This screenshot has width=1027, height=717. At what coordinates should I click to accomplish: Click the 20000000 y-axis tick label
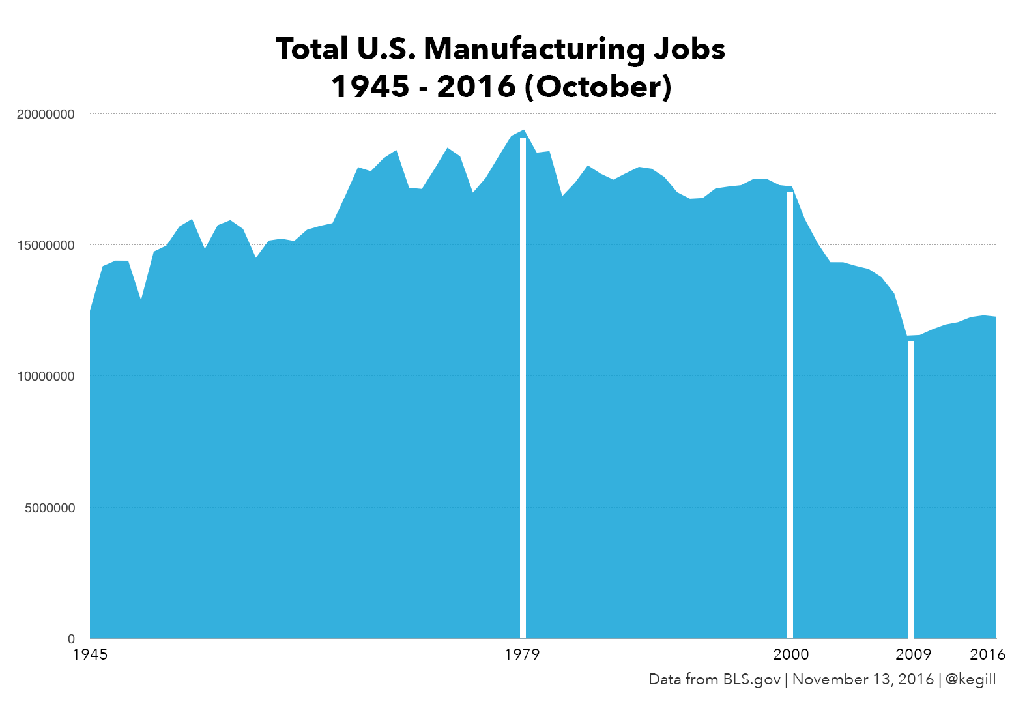point(46,114)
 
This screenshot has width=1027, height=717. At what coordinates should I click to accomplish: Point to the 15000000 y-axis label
point(46,246)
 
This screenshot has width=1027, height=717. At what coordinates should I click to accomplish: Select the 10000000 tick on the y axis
point(46,377)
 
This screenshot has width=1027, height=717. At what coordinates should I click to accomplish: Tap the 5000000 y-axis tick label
point(50,508)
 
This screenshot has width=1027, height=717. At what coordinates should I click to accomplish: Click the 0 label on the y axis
point(72,639)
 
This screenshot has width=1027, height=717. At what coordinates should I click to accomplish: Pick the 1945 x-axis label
point(90,654)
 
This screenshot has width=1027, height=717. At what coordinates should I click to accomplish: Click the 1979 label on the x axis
point(522,654)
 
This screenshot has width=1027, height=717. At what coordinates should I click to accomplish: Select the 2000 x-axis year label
point(790,654)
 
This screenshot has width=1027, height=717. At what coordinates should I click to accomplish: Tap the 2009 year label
point(913,654)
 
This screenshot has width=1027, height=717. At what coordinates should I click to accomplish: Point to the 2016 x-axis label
point(987,654)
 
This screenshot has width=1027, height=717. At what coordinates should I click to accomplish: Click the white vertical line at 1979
point(523,391)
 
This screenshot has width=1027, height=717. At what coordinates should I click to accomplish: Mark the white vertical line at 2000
point(790,417)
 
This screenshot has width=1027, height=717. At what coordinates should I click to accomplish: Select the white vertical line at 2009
point(910,489)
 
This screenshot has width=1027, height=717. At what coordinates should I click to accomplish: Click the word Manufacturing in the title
point(534,50)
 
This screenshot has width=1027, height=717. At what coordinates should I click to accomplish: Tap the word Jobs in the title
point(689,50)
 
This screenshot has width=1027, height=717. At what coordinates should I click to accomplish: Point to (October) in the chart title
point(598,87)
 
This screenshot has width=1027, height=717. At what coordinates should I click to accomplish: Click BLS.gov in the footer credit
point(751,679)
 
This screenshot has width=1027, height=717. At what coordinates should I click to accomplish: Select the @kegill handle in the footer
point(970,679)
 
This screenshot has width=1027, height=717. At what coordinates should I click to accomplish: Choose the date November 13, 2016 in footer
point(863,679)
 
